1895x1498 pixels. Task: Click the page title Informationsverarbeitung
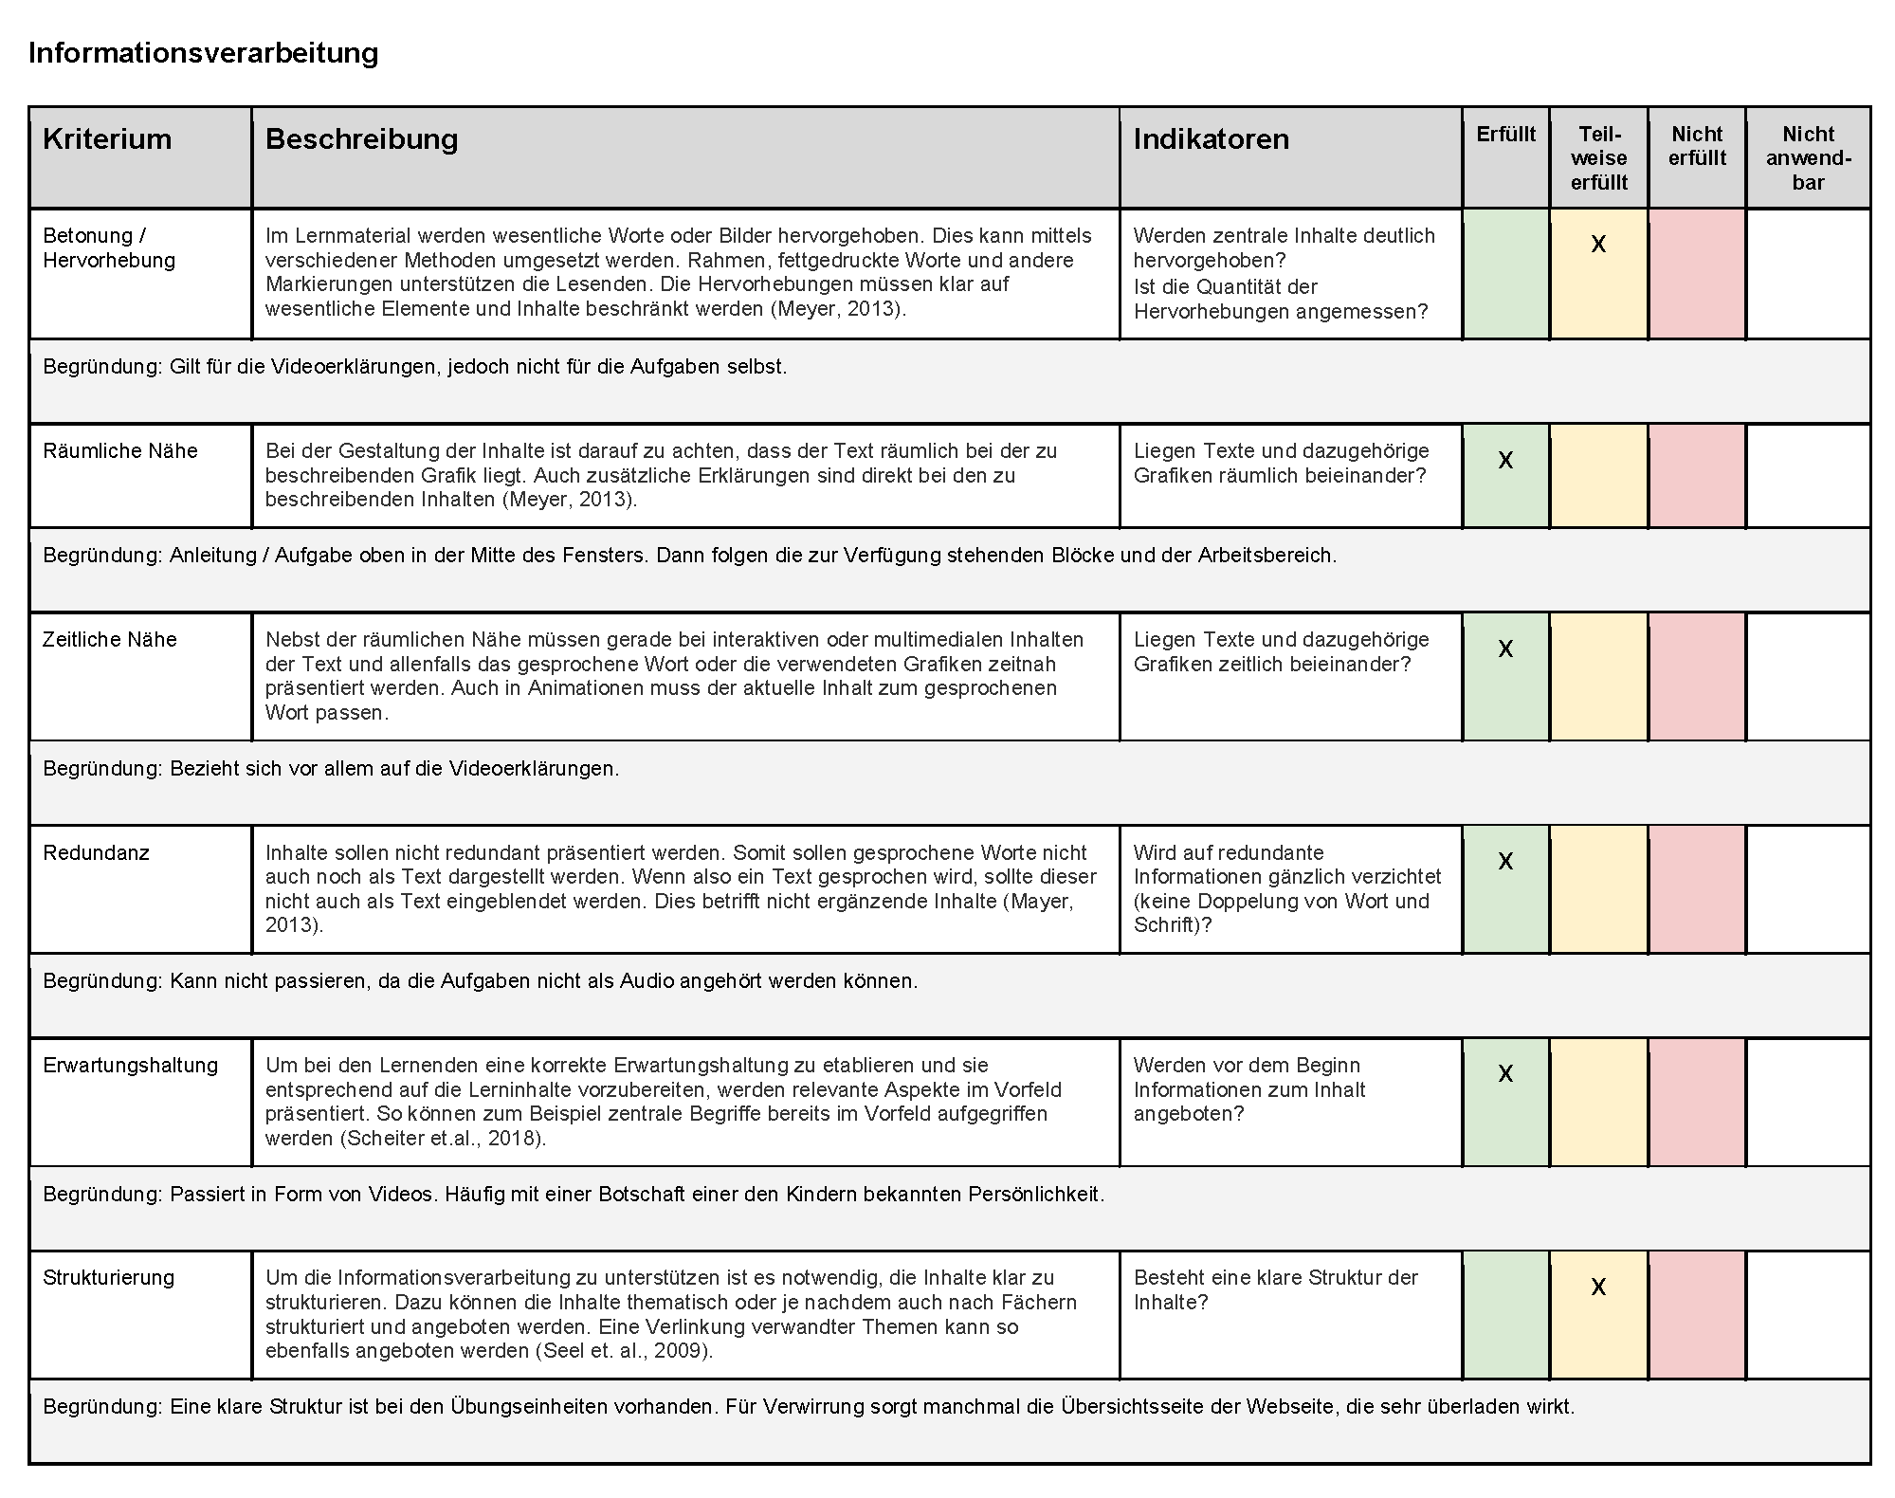(203, 53)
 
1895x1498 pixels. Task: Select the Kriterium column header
(107, 139)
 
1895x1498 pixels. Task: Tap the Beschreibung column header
(361, 139)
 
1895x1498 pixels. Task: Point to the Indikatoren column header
(1211, 139)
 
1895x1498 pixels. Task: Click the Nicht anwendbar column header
(1808, 158)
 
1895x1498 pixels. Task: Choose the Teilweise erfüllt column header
(1598, 158)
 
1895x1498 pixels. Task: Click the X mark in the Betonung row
(1598, 245)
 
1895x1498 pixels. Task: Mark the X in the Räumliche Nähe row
(1505, 461)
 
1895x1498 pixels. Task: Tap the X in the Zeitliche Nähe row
(1505, 649)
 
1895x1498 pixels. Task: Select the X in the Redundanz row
(1505, 862)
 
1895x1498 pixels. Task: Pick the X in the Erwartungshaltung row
(1505, 1074)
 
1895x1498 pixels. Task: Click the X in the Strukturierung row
(1598, 1288)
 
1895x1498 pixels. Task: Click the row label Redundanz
(96, 852)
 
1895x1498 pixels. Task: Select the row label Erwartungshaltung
(130, 1065)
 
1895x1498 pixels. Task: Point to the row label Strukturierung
(108, 1277)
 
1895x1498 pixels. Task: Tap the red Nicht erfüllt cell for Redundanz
(1697, 888)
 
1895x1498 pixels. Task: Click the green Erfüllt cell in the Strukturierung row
(1505, 1314)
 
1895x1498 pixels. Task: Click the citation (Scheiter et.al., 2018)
(442, 1138)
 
